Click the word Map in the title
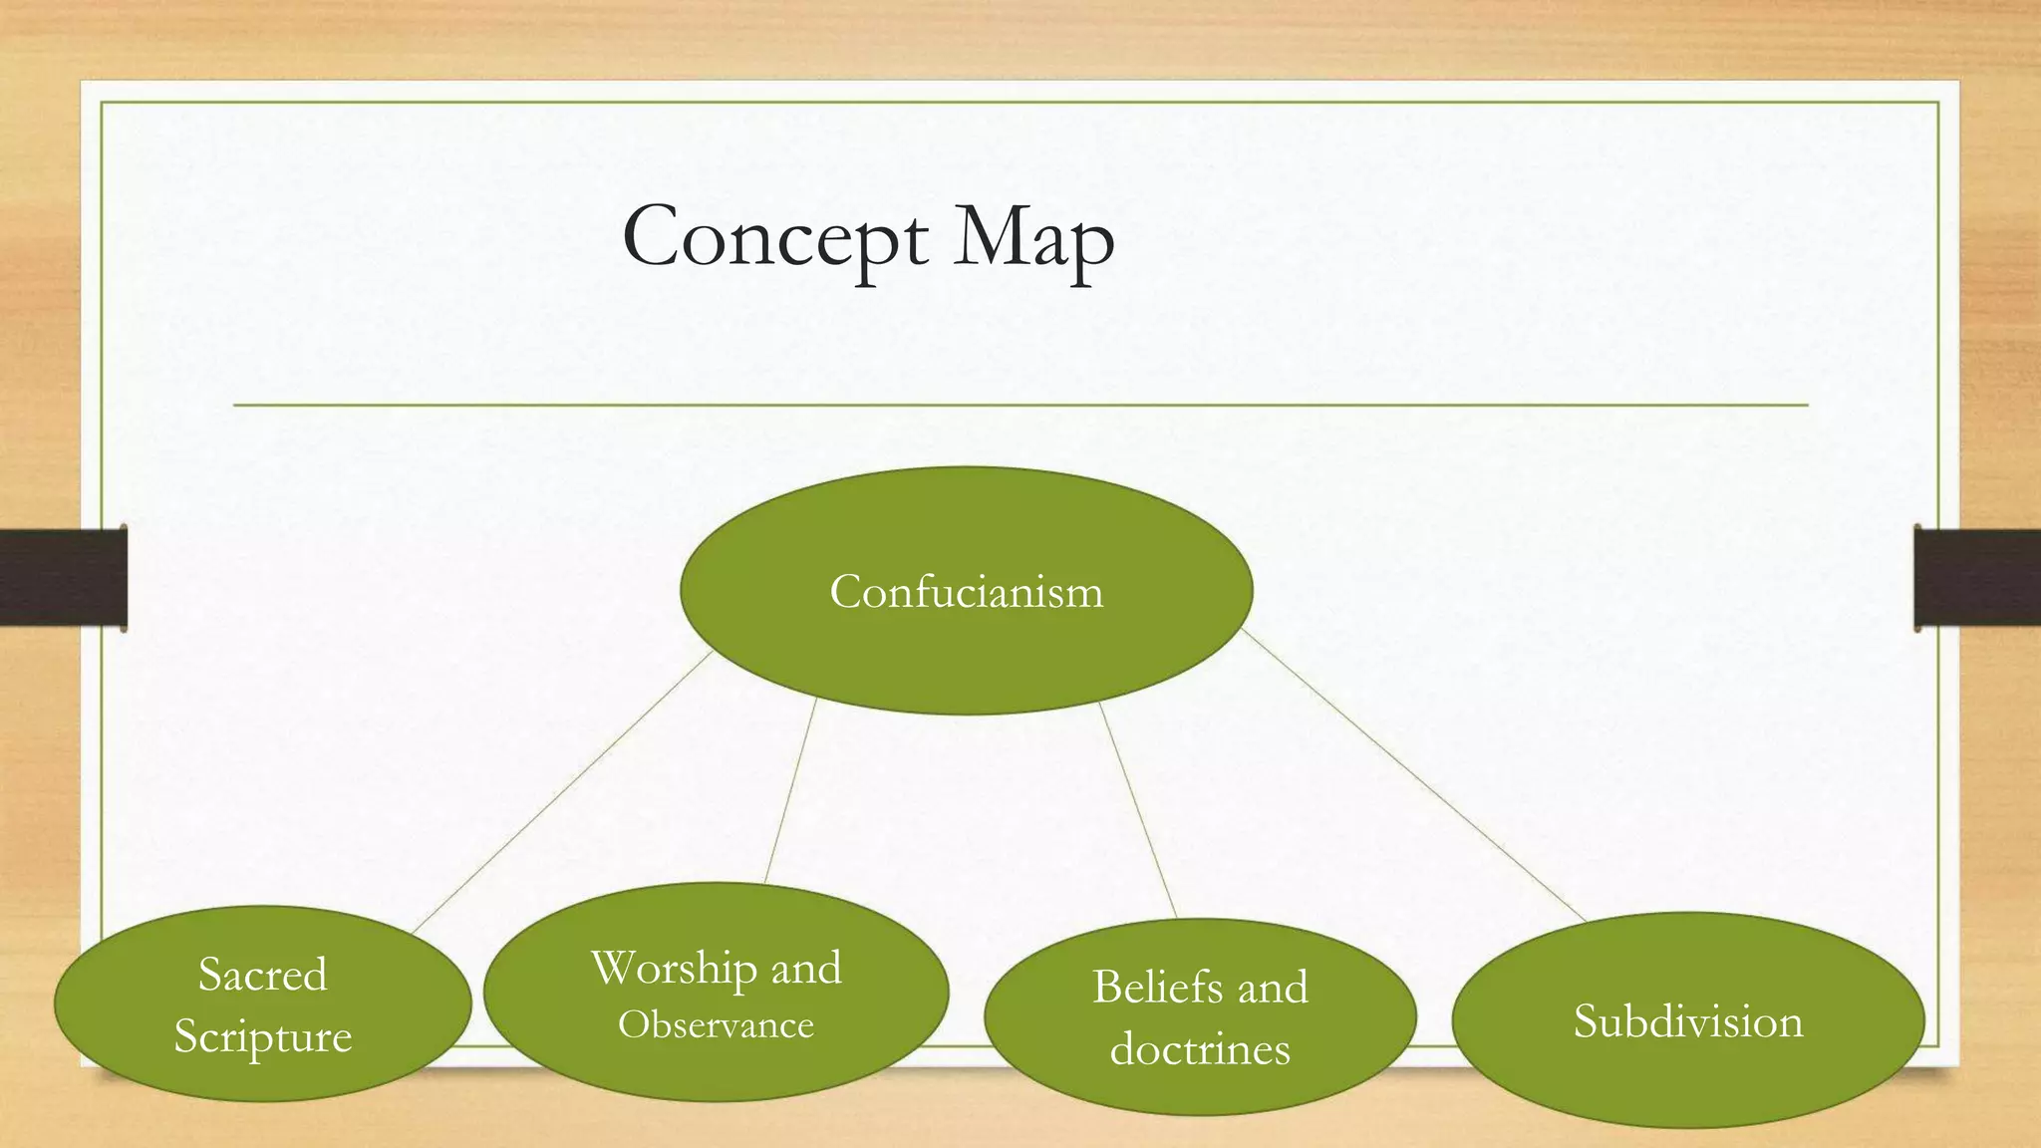pos(1032,239)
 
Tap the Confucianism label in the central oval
pos(966,592)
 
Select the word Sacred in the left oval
pos(262,975)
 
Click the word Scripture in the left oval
pos(262,1036)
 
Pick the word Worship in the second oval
pos(674,969)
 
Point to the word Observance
pos(716,1025)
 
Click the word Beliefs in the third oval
pos(1157,988)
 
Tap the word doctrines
pos(1200,1049)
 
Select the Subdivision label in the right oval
pos(1687,1021)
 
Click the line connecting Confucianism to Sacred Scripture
pos(562,792)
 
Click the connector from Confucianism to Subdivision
pos(1413,776)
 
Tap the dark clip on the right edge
pos(1976,578)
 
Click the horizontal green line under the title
pos(1020,406)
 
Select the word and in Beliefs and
pos(1272,988)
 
